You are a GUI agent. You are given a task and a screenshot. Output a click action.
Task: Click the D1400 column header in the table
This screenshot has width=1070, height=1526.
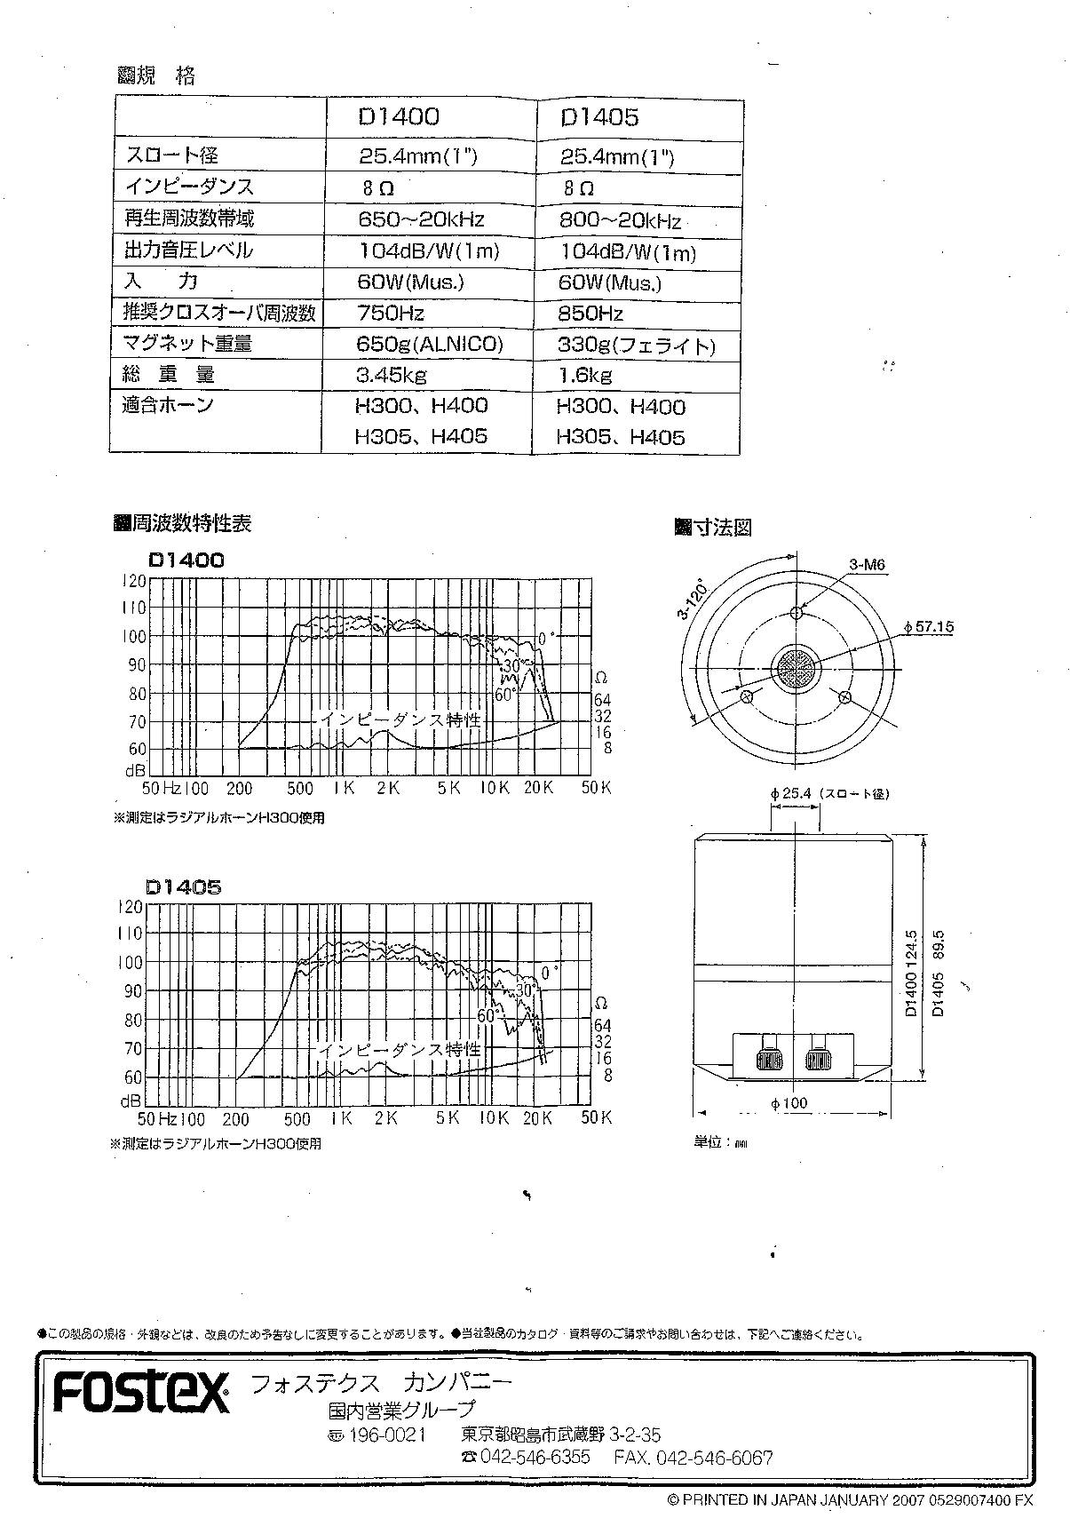tap(399, 117)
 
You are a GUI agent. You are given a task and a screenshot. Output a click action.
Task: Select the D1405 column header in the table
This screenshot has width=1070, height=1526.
tap(599, 118)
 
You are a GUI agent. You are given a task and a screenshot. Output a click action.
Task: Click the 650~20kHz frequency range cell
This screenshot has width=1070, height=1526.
tap(422, 219)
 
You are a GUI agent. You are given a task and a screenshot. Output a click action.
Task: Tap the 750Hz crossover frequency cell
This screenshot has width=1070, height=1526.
tap(391, 313)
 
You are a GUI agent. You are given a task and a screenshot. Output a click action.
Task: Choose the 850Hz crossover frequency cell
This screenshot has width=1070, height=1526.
tap(591, 314)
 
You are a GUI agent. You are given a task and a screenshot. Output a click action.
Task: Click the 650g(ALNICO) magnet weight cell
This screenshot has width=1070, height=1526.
tap(430, 344)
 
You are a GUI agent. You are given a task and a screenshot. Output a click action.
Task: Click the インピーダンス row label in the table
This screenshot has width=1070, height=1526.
tap(189, 187)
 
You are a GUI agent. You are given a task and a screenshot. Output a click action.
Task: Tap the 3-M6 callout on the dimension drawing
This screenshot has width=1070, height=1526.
tap(867, 564)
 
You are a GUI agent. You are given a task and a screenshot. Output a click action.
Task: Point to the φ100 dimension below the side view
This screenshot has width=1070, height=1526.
tap(789, 1103)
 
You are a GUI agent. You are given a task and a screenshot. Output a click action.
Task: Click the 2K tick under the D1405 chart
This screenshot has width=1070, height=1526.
tap(385, 1117)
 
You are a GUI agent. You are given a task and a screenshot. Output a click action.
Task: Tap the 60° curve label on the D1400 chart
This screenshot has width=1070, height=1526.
tap(504, 695)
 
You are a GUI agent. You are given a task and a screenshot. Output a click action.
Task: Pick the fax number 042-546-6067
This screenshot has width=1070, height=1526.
tap(694, 1458)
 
